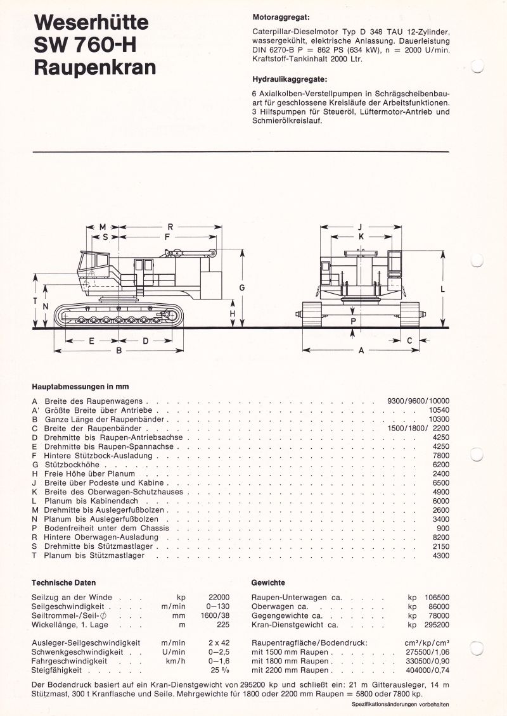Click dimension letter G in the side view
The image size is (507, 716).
pos(242,287)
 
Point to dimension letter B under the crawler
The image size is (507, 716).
pos(119,350)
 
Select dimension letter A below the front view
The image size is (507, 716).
pos(361,350)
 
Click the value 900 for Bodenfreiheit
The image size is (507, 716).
pos(443,528)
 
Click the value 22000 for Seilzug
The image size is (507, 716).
pos(219,597)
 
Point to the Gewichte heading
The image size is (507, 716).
pos(268,582)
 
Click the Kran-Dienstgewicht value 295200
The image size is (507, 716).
pos(437,625)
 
